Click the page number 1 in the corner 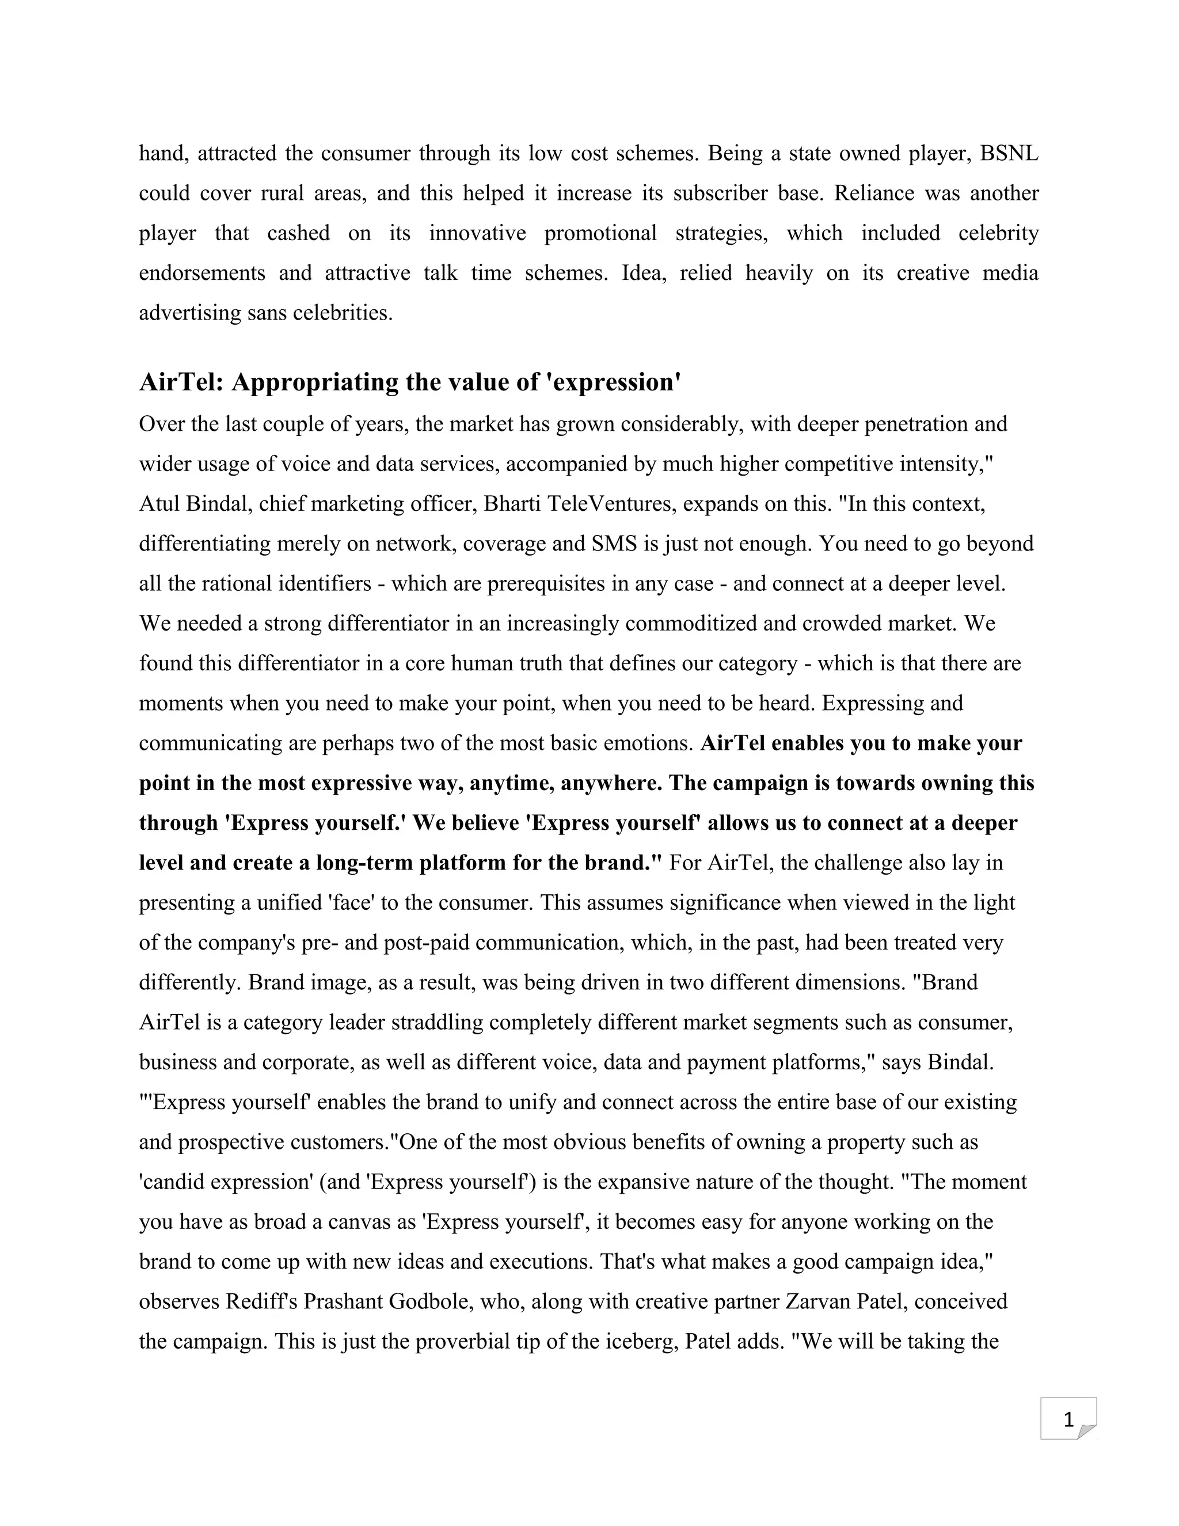(x=1068, y=1421)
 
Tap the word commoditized (x=691, y=623)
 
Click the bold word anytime (x=508, y=783)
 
